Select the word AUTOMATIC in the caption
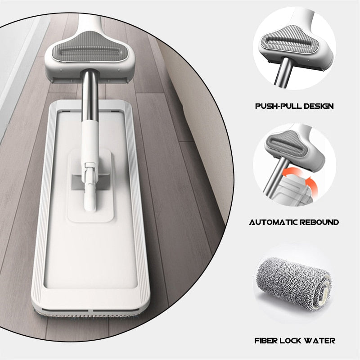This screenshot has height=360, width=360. [273, 222]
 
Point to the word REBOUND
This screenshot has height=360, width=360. [319, 222]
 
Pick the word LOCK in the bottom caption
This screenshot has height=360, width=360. [288, 341]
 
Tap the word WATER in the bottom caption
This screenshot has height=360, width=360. [318, 341]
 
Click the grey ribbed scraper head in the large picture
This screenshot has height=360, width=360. [88, 47]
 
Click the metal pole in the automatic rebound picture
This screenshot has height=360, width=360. [275, 179]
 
